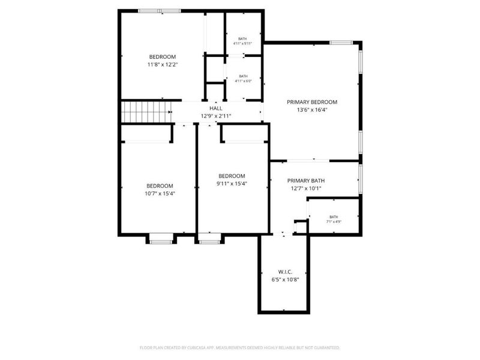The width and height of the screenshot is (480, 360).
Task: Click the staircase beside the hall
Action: click(146, 112)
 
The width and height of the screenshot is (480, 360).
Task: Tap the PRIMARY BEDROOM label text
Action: click(311, 102)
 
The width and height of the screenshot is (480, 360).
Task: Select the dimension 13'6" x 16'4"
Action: click(311, 110)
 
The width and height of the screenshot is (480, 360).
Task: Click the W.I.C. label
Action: click(286, 272)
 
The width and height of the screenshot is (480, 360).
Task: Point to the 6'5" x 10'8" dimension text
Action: click(286, 280)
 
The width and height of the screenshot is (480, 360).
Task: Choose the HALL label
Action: click(215, 108)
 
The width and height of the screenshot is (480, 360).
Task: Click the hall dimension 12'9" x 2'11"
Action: click(215, 116)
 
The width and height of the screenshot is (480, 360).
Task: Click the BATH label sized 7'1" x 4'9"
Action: click(334, 217)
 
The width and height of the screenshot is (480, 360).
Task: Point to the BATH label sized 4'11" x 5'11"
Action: click(242, 38)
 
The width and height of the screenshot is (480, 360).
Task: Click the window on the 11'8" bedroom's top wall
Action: click(159, 10)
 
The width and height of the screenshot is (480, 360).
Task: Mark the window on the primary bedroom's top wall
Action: click(341, 43)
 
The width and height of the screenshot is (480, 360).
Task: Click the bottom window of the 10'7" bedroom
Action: click(160, 241)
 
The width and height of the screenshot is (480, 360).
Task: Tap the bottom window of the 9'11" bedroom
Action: click(209, 241)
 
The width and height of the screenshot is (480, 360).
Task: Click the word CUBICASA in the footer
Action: click(214, 348)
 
